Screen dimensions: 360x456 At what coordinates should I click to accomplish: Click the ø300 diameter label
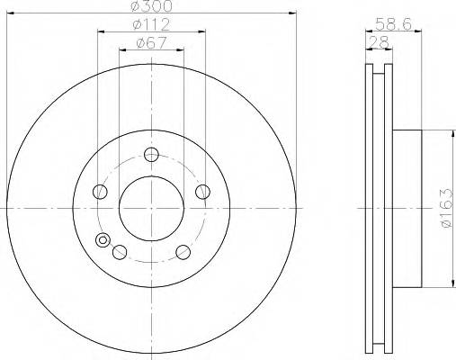[x=151, y=7]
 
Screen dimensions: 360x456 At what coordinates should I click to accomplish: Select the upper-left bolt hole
[x=100, y=190]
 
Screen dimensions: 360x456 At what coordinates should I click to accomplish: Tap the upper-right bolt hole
[x=202, y=190]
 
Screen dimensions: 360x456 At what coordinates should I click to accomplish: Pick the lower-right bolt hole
[x=183, y=250]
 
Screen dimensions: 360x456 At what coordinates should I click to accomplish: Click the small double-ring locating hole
[x=103, y=240]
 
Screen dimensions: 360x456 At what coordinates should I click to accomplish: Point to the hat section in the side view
[x=406, y=209]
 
